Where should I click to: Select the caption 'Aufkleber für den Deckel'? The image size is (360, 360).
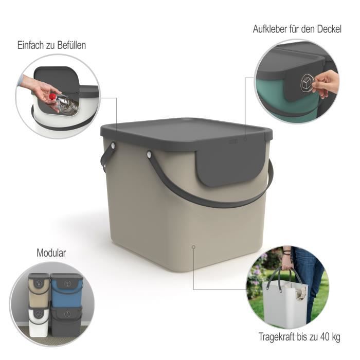pos(297,29)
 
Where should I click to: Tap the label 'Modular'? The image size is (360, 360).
pos(51,253)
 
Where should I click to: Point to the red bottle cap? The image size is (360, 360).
pos(52,96)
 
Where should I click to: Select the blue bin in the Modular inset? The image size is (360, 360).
pos(66,293)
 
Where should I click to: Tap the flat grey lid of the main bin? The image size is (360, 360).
pos(185,129)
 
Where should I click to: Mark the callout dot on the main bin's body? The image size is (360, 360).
pos(193,247)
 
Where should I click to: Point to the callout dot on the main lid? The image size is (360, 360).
pos(245,139)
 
